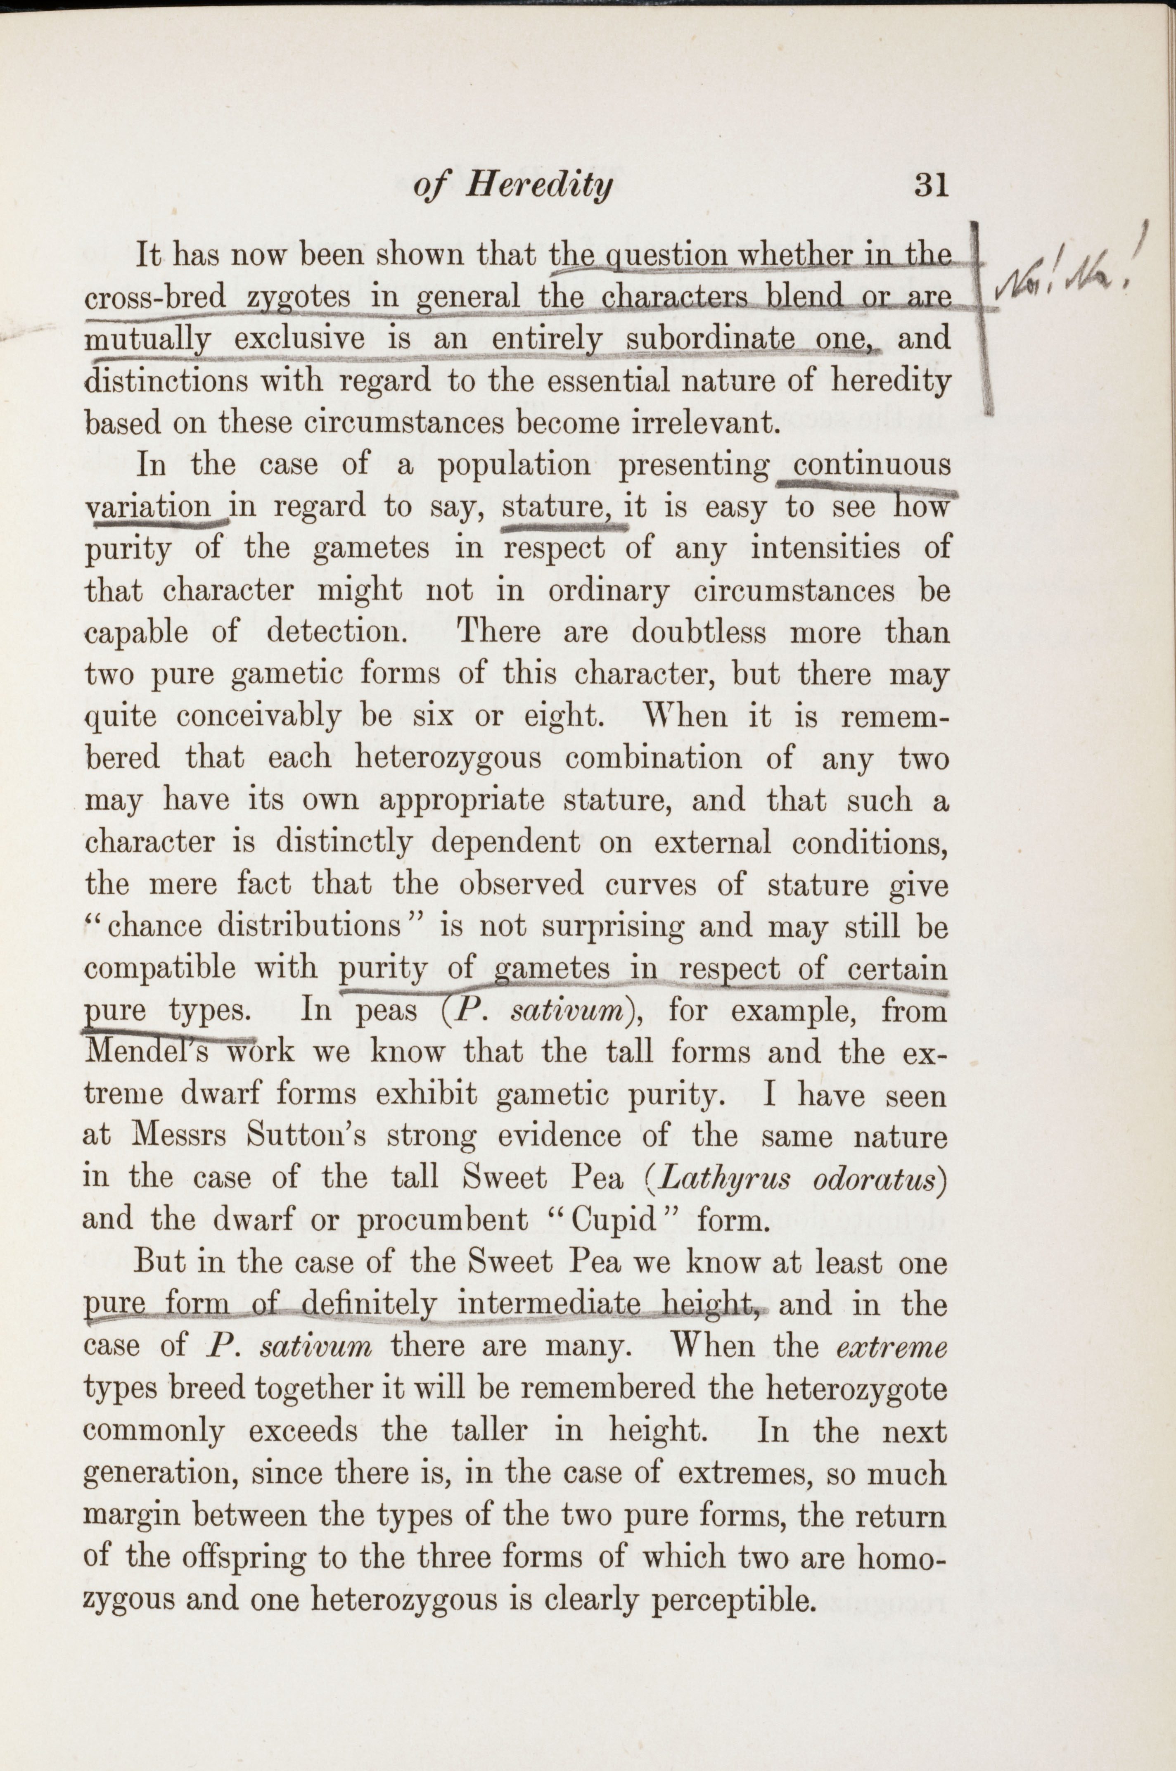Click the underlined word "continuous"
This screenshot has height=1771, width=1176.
point(872,465)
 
